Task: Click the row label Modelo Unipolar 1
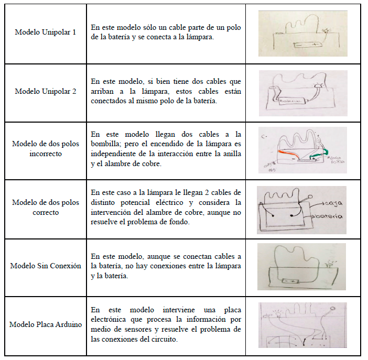click(45, 32)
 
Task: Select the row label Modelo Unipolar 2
click(45, 91)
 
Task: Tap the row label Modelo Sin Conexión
click(46, 266)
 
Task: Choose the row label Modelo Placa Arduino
click(46, 324)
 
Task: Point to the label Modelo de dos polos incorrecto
click(46, 149)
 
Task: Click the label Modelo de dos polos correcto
click(46, 208)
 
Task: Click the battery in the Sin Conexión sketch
click(288, 281)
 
